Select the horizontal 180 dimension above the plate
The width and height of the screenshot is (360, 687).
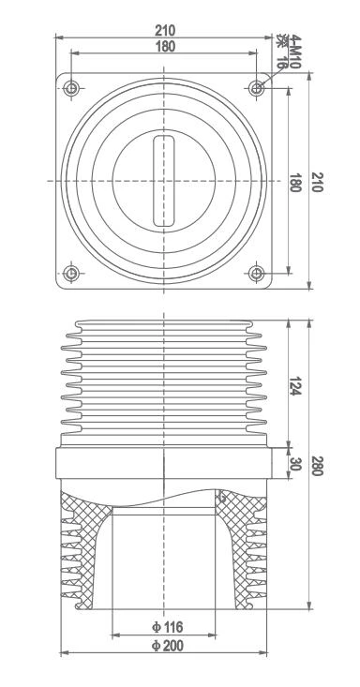(164, 46)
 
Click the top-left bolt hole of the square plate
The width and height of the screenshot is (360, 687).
(72, 88)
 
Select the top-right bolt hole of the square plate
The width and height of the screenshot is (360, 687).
(258, 88)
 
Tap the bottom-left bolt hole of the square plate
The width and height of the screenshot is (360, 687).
(72, 274)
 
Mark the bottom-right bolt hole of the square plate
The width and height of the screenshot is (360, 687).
(258, 274)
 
